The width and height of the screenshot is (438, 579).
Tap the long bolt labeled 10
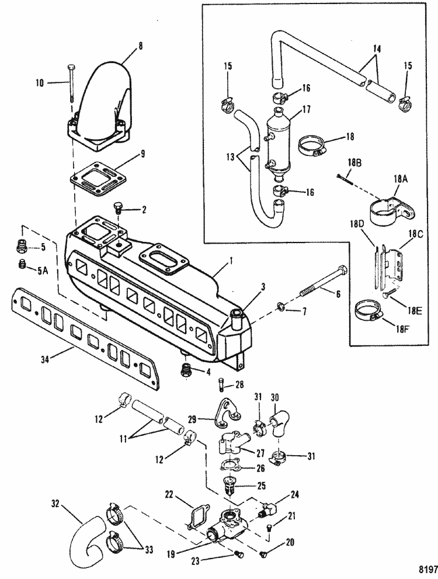coord(71,83)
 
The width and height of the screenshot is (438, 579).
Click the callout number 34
coord(44,358)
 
